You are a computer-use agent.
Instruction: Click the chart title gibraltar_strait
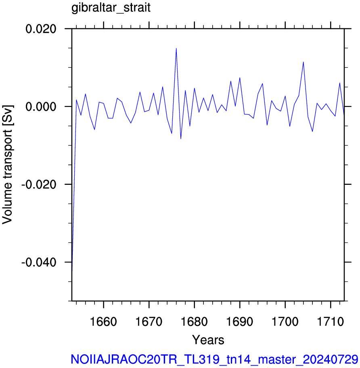pos(111,8)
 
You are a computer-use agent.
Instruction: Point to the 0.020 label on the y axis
pos(41,29)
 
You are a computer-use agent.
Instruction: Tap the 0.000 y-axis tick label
pos(41,107)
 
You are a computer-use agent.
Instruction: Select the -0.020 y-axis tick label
pos(39,184)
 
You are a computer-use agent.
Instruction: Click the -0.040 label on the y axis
pos(39,262)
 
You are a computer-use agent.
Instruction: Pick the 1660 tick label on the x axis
pos(103,322)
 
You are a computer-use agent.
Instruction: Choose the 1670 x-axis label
pos(149,322)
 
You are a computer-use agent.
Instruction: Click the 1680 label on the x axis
pos(194,322)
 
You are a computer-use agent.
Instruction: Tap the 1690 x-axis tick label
pos(240,322)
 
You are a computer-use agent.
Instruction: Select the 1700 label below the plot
pos(285,322)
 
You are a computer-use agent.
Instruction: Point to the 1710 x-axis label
pos(331,322)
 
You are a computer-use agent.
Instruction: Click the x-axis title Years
pos(208,340)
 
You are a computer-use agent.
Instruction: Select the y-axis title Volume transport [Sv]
pos(7,165)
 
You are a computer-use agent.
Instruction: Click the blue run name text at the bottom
pos(214,360)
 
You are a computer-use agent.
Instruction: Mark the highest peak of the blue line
pos(176,48)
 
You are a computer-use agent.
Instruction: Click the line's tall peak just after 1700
pos(303,62)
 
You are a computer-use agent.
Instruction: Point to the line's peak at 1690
pos(240,78)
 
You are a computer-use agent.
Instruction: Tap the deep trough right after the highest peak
pos(181,139)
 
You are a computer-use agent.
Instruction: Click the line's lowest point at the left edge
pos(72,270)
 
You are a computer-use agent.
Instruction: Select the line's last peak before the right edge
pos(339,83)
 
